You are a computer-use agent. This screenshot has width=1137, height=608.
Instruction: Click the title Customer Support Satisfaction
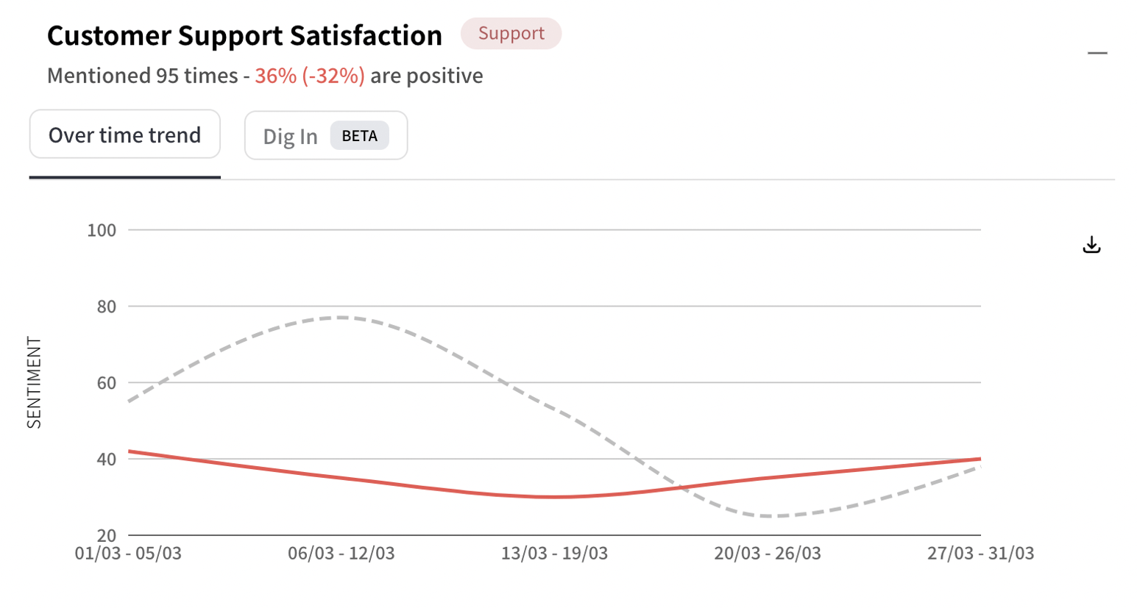244,35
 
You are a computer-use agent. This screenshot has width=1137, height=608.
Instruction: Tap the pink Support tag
511,34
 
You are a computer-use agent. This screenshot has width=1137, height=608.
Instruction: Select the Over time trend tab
124,135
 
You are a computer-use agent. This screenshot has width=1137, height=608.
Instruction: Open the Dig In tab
291,136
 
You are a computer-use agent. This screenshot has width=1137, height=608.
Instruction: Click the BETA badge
359,136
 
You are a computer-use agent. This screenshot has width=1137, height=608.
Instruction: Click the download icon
1091,245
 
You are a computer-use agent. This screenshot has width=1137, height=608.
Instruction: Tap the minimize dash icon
1097,53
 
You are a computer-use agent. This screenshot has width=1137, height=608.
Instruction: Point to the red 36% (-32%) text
310,76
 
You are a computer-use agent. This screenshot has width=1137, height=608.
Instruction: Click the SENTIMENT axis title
34,382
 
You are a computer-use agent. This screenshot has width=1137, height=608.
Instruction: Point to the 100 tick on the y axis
102,230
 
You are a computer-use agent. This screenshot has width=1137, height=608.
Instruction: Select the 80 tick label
107,307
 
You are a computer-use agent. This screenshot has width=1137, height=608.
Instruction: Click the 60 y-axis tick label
107,383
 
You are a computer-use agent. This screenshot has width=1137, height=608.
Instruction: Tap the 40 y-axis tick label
107,459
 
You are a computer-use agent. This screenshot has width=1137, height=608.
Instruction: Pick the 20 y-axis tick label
107,536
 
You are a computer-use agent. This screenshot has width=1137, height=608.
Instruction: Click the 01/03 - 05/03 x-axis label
128,554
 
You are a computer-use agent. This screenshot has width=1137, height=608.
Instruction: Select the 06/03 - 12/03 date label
341,554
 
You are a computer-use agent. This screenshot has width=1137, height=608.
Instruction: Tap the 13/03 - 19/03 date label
554,554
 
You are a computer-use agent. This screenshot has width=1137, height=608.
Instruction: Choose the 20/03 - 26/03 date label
768,554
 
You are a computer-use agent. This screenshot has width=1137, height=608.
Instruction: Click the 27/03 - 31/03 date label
980,554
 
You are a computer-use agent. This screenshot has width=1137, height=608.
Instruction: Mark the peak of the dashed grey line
341,318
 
